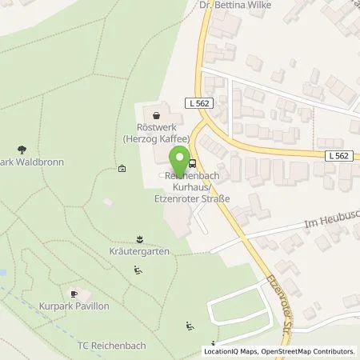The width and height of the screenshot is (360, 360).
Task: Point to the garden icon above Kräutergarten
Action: click(141, 238)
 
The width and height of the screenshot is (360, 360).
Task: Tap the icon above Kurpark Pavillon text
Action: click(77, 292)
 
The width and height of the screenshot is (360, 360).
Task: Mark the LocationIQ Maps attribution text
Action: click(231, 351)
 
